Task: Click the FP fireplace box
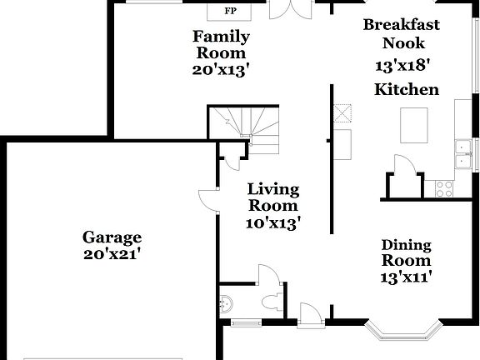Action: coord(230,11)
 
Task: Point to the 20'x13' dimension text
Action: coord(221,70)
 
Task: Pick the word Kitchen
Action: coord(406,89)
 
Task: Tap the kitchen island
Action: coord(413,125)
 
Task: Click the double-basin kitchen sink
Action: coord(462,155)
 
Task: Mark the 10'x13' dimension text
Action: coord(272,222)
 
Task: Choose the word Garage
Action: coord(111,237)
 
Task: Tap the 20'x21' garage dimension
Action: coord(111,254)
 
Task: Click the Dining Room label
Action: coord(406,252)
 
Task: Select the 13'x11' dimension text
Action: coord(406,277)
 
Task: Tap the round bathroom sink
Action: coord(226,301)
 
